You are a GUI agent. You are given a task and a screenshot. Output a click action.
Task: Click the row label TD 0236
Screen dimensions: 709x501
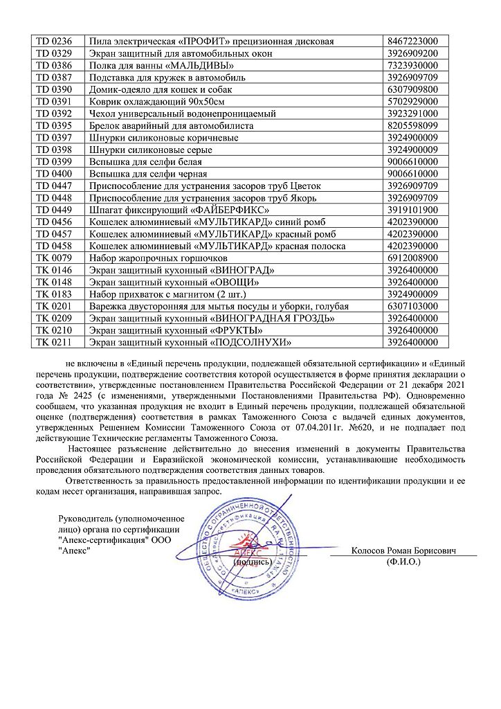click(59, 42)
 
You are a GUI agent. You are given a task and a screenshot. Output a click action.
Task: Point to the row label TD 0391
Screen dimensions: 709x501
click(59, 101)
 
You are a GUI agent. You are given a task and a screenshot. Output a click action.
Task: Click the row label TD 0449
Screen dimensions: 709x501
click(59, 209)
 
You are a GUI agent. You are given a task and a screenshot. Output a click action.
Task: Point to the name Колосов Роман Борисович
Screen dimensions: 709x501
click(405, 550)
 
